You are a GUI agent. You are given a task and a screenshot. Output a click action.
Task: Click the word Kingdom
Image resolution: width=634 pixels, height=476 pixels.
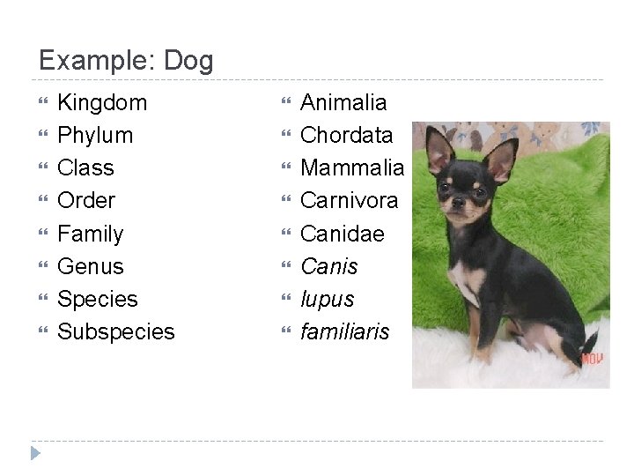102,103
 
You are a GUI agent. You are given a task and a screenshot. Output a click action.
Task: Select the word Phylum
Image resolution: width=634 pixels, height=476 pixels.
95,136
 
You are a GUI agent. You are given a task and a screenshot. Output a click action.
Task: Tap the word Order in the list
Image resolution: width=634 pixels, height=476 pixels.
86,201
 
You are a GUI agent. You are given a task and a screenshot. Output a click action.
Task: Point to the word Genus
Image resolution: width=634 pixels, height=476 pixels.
90,266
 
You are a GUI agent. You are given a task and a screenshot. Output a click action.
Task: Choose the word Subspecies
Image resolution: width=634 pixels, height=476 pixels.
115,332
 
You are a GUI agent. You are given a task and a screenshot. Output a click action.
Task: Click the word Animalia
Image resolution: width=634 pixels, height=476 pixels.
343,103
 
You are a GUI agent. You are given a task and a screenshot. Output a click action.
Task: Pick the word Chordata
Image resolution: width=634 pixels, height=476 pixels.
347,136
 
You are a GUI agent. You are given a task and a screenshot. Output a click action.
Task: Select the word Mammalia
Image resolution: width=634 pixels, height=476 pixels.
352,168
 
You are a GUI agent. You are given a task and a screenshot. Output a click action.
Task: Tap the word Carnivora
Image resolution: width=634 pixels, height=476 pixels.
350,201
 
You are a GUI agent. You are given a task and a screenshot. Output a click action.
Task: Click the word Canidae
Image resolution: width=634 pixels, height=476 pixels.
342,234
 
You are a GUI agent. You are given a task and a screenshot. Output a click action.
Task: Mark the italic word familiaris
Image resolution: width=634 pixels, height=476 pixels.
344,332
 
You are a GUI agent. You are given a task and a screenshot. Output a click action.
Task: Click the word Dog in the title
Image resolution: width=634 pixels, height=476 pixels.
188,60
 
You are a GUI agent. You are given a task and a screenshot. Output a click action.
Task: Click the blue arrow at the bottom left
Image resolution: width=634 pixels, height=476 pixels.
34,454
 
